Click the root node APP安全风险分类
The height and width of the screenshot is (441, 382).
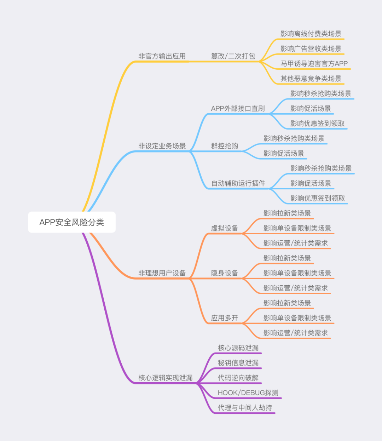pos(72,222)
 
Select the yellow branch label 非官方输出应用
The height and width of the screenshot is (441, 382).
pos(162,56)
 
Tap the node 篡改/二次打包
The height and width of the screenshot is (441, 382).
pos(233,56)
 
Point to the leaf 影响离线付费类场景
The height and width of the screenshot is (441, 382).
pos(311,34)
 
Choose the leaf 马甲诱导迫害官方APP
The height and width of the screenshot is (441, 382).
pos(314,64)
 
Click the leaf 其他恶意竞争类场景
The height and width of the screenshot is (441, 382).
pos(311,79)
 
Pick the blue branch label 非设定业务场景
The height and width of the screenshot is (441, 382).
pos(162,146)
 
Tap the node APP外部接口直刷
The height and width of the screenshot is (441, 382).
pos(238,109)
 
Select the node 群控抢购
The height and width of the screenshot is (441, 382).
pos(225,146)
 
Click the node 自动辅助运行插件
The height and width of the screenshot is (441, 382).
pos(238,183)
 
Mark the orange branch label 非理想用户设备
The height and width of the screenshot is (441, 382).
pos(162,273)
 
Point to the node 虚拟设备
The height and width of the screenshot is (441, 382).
pos(225,228)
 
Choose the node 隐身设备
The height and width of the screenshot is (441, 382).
pos(225,273)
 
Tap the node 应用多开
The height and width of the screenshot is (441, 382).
pos(225,318)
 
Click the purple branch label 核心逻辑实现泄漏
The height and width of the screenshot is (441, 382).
pos(166,378)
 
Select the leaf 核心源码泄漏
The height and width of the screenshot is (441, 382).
pos(238,348)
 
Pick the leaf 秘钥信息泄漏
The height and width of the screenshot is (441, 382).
pos(238,363)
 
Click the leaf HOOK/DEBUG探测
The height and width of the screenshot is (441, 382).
pos(248,393)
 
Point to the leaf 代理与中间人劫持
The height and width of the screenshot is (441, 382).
pos(245,408)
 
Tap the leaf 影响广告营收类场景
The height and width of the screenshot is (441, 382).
pos(311,49)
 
